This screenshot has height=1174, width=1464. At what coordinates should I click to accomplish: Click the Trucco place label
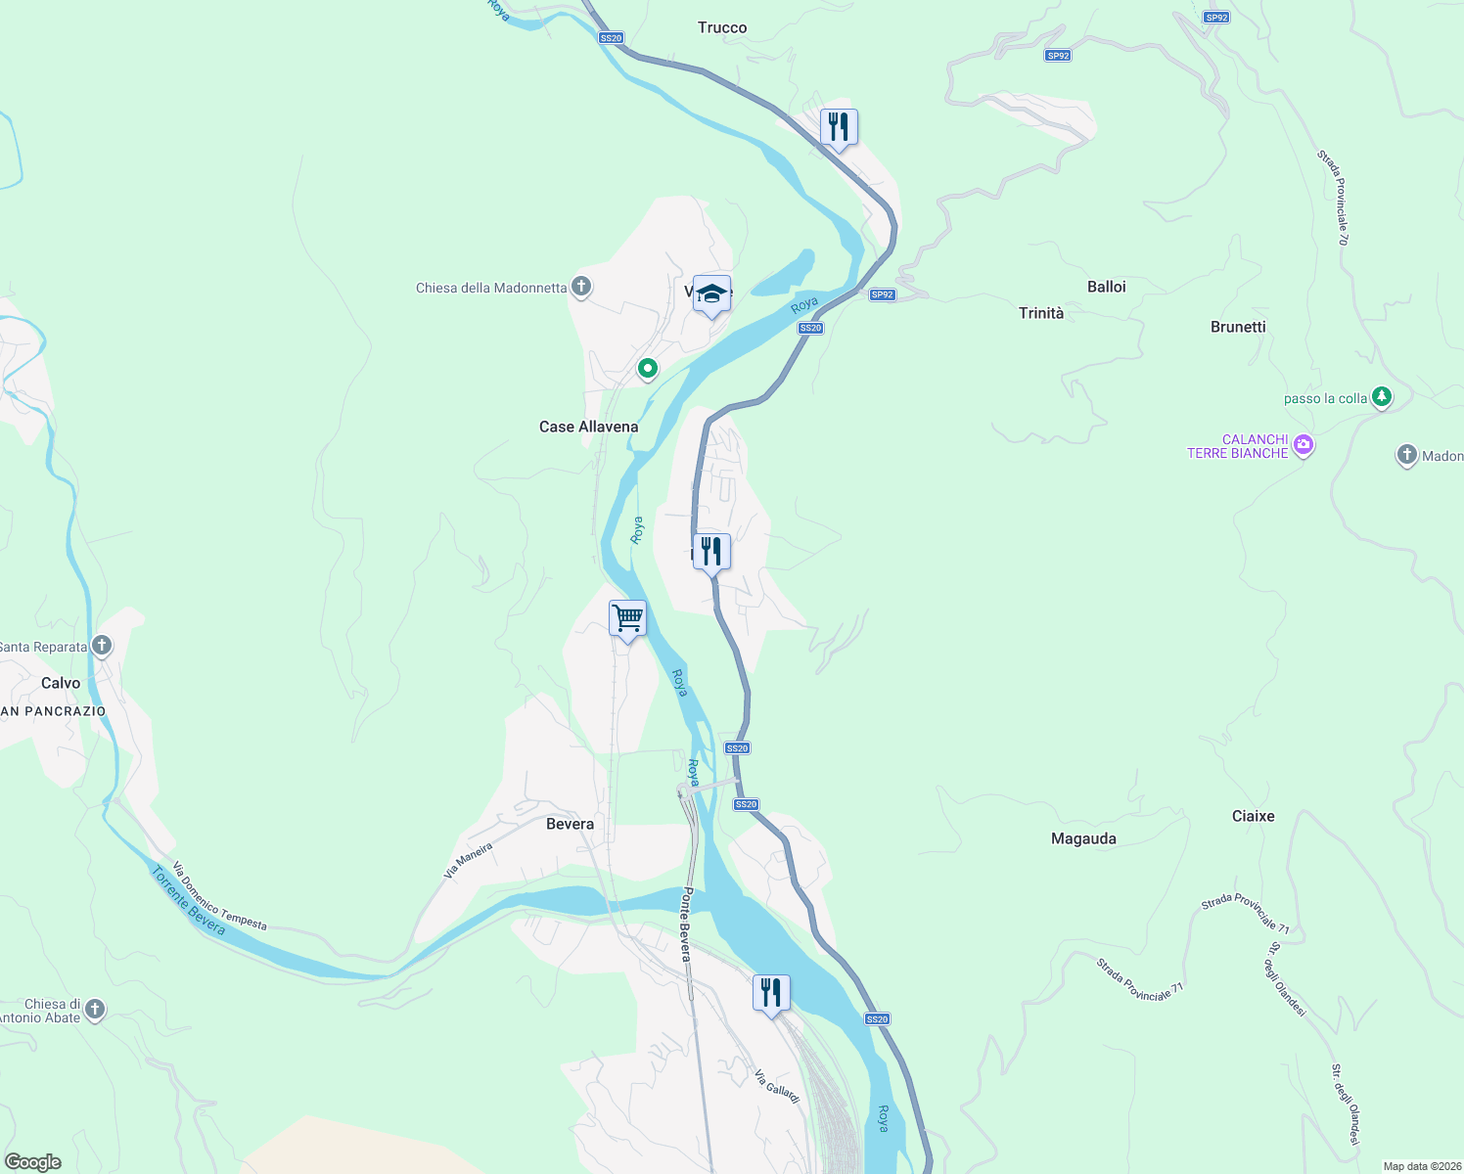coord(722,27)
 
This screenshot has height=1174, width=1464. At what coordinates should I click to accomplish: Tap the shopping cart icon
coord(627,619)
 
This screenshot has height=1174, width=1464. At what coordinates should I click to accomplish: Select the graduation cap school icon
coord(711,294)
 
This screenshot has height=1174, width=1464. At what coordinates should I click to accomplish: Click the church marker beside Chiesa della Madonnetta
coord(581,287)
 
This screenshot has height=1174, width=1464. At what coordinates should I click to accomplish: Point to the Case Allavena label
coord(588,427)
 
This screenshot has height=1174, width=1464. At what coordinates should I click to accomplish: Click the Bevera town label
coord(570,824)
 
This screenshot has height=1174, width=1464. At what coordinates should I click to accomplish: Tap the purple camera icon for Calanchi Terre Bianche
coord(1303,445)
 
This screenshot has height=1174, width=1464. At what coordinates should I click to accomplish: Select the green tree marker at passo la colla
coord(1381,397)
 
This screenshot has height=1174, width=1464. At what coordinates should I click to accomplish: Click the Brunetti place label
coord(1238,327)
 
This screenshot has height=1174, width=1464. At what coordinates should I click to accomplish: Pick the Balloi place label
coord(1106,287)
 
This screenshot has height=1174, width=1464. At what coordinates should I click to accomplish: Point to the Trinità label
coord(1040,313)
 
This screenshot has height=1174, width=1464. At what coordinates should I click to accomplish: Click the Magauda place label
coord(1083,838)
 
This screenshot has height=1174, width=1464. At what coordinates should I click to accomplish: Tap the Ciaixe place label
coord(1253,816)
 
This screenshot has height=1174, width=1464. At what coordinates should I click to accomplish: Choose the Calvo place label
coord(61,683)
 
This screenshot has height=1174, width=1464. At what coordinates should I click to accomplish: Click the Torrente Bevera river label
coord(188,901)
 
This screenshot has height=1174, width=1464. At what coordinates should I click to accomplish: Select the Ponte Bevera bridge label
coord(687,925)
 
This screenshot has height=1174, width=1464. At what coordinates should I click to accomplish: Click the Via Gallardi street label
coord(777,1086)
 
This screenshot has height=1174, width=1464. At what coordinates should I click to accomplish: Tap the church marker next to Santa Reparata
coord(101,646)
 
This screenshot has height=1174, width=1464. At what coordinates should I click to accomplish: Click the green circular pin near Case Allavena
coord(647,369)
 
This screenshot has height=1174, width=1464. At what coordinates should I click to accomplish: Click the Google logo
coord(33,1162)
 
